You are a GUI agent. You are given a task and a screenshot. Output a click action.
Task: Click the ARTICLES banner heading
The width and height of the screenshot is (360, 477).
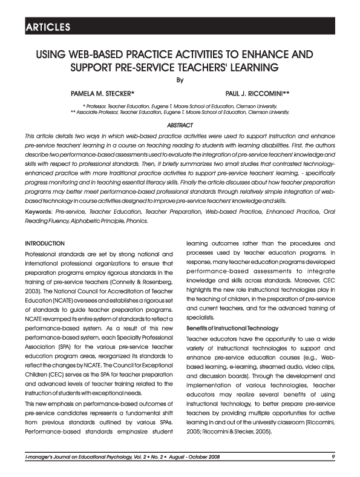tap(48, 27)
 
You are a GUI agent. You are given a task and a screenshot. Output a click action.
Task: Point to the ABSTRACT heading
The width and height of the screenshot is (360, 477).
tap(180, 123)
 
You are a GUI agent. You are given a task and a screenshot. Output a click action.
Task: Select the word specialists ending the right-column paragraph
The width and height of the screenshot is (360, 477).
tap(201, 316)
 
